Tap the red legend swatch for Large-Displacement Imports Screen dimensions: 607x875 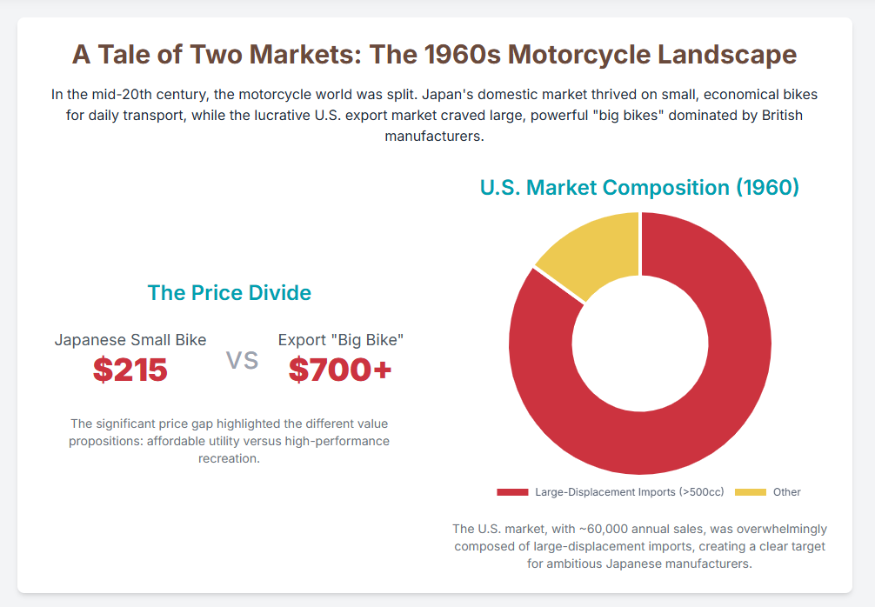click(x=512, y=492)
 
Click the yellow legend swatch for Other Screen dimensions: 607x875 click(x=751, y=492)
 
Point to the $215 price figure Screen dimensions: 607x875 click(x=130, y=370)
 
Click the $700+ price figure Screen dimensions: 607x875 click(x=340, y=370)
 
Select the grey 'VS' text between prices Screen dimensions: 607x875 click(x=243, y=361)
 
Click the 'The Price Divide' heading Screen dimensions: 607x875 click(x=230, y=293)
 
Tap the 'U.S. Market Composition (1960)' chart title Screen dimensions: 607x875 click(x=639, y=187)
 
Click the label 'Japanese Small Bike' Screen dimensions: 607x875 click(x=130, y=340)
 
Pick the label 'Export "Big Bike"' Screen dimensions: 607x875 click(x=341, y=340)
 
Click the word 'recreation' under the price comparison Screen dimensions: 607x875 click(x=228, y=458)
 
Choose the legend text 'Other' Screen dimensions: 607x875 click(x=786, y=492)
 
